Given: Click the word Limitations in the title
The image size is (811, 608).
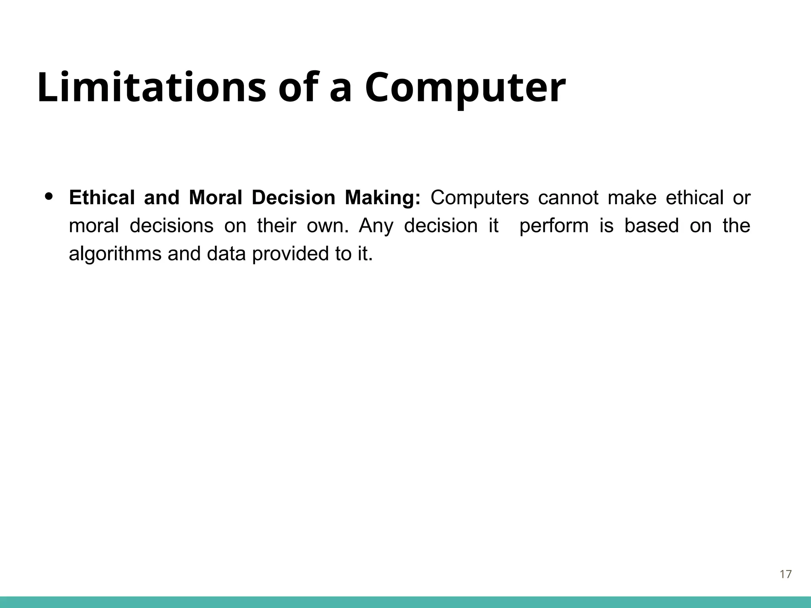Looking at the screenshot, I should tap(152, 87).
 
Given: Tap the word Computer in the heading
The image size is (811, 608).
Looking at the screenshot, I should tap(465, 88).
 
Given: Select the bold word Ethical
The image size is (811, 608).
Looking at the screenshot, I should tap(102, 198).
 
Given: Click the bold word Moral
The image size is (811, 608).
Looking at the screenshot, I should tap(215, 198).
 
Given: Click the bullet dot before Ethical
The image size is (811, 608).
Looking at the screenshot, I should tap(49, 196).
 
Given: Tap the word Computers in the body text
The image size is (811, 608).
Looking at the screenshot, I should tap(480, 198).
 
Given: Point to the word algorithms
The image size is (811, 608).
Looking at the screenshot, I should tap(115, 254).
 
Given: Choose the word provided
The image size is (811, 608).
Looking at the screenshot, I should tap(291, 254).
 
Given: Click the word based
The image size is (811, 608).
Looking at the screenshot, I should tap(651, 226).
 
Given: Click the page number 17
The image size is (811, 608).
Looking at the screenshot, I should tap(785, 574).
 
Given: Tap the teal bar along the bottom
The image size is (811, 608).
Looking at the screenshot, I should tap(405, 602).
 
